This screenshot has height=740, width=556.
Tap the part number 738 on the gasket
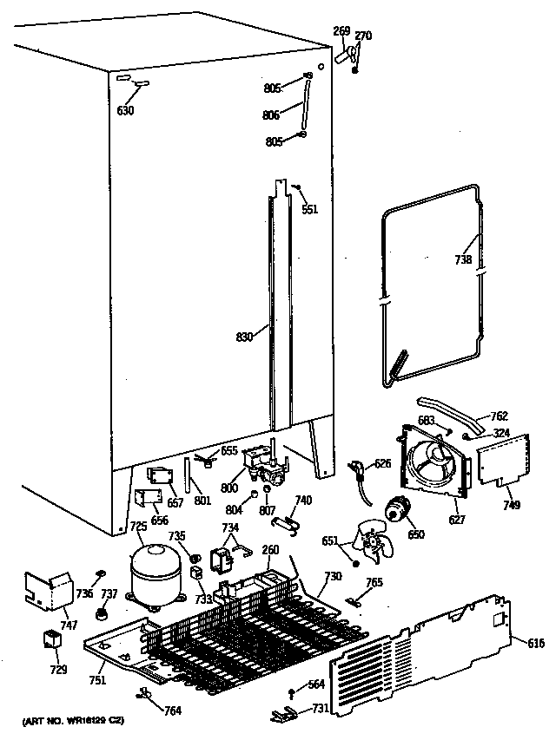click(463, 259)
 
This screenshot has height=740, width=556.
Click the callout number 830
click(244, 337)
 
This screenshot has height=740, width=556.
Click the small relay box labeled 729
click(53, 642)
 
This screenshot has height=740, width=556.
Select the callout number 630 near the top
click(127, 110)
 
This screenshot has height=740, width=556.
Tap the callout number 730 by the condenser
click(333, 576)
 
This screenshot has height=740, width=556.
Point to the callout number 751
click(96, 680)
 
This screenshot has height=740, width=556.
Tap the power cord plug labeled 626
click(358, 471)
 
